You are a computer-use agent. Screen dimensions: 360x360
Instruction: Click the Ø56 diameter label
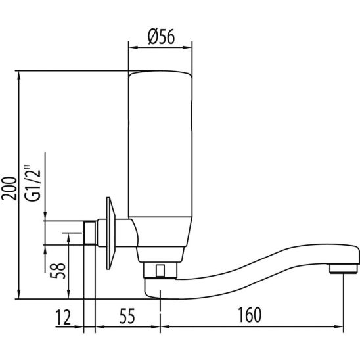(x=161, y=37)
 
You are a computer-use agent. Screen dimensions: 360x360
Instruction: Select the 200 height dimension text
(x=9, y=189)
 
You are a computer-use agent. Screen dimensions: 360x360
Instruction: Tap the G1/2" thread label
(x=33, y=183)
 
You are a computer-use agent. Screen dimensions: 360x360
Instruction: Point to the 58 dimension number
(x=58, y=271)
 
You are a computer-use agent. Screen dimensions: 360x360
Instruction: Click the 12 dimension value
(x=64, y=317)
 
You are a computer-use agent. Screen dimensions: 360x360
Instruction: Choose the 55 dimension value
(x=127, y=316)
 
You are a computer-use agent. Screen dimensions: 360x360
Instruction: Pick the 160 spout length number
(x=250, y=315)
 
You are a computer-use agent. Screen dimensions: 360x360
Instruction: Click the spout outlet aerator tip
(x=343, y=269)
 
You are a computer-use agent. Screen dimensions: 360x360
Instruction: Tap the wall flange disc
(x=110, y=233)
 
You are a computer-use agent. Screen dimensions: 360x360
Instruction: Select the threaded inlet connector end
(x=89, y=233)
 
